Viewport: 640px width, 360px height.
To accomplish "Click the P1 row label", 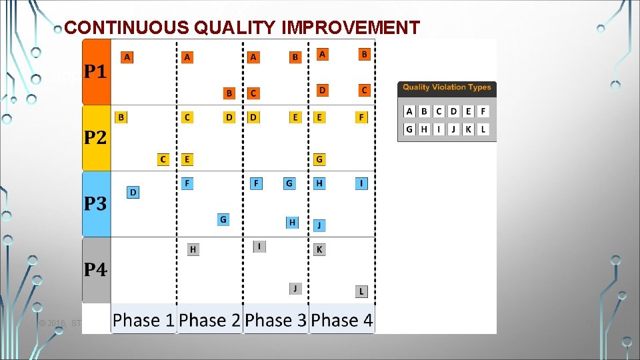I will click(95, 72).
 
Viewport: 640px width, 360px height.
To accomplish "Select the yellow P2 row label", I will click(95, 138).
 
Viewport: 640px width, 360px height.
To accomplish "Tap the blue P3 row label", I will click(95, 204).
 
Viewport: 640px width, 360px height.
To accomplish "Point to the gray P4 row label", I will click(95, 270).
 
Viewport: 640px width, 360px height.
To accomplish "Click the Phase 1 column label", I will click(143, 321).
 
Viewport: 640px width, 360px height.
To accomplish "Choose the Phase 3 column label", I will click(275, 321).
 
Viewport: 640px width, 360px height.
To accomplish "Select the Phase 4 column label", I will click(341, 321).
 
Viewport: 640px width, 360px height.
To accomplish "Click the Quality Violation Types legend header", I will click(447, 87).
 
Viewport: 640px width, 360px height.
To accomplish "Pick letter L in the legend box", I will click(483, 129).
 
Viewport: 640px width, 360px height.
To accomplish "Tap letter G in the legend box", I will click(409, 129).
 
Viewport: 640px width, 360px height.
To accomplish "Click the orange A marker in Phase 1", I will click(127, 57).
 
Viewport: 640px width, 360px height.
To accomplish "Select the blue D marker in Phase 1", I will click(133, 193).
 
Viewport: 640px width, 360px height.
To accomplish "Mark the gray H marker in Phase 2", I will click(193, 249).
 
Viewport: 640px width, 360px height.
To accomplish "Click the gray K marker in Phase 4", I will click(319, 249).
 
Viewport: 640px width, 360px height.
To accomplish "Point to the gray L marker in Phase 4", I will click(361, 291).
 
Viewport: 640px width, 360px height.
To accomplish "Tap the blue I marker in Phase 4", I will click(361, 183).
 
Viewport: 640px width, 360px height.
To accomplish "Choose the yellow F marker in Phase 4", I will click(361, 117).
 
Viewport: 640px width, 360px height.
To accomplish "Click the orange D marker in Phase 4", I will click(322, 89).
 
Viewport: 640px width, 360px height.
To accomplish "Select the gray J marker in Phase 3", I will click(295, 288).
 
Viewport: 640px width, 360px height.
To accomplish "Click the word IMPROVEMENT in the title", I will click(353, 27).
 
